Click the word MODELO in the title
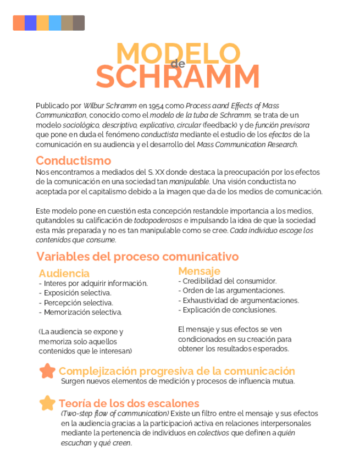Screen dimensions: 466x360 click(175, 53)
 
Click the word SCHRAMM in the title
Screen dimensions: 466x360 click(178, 77)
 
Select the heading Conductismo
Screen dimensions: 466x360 click(73, 160)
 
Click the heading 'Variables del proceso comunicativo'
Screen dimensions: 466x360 click(137, 257)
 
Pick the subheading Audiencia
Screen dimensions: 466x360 click(64, 273)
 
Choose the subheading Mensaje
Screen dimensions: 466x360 click(199, 271)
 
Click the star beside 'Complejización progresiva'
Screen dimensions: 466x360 click(47, 371)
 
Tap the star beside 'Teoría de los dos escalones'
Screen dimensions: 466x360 click(47, 403)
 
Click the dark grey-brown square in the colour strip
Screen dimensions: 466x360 click(79, 23)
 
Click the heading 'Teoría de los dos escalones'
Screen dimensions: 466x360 click(129, 403)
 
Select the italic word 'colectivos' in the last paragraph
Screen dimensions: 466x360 click(213, 433)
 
